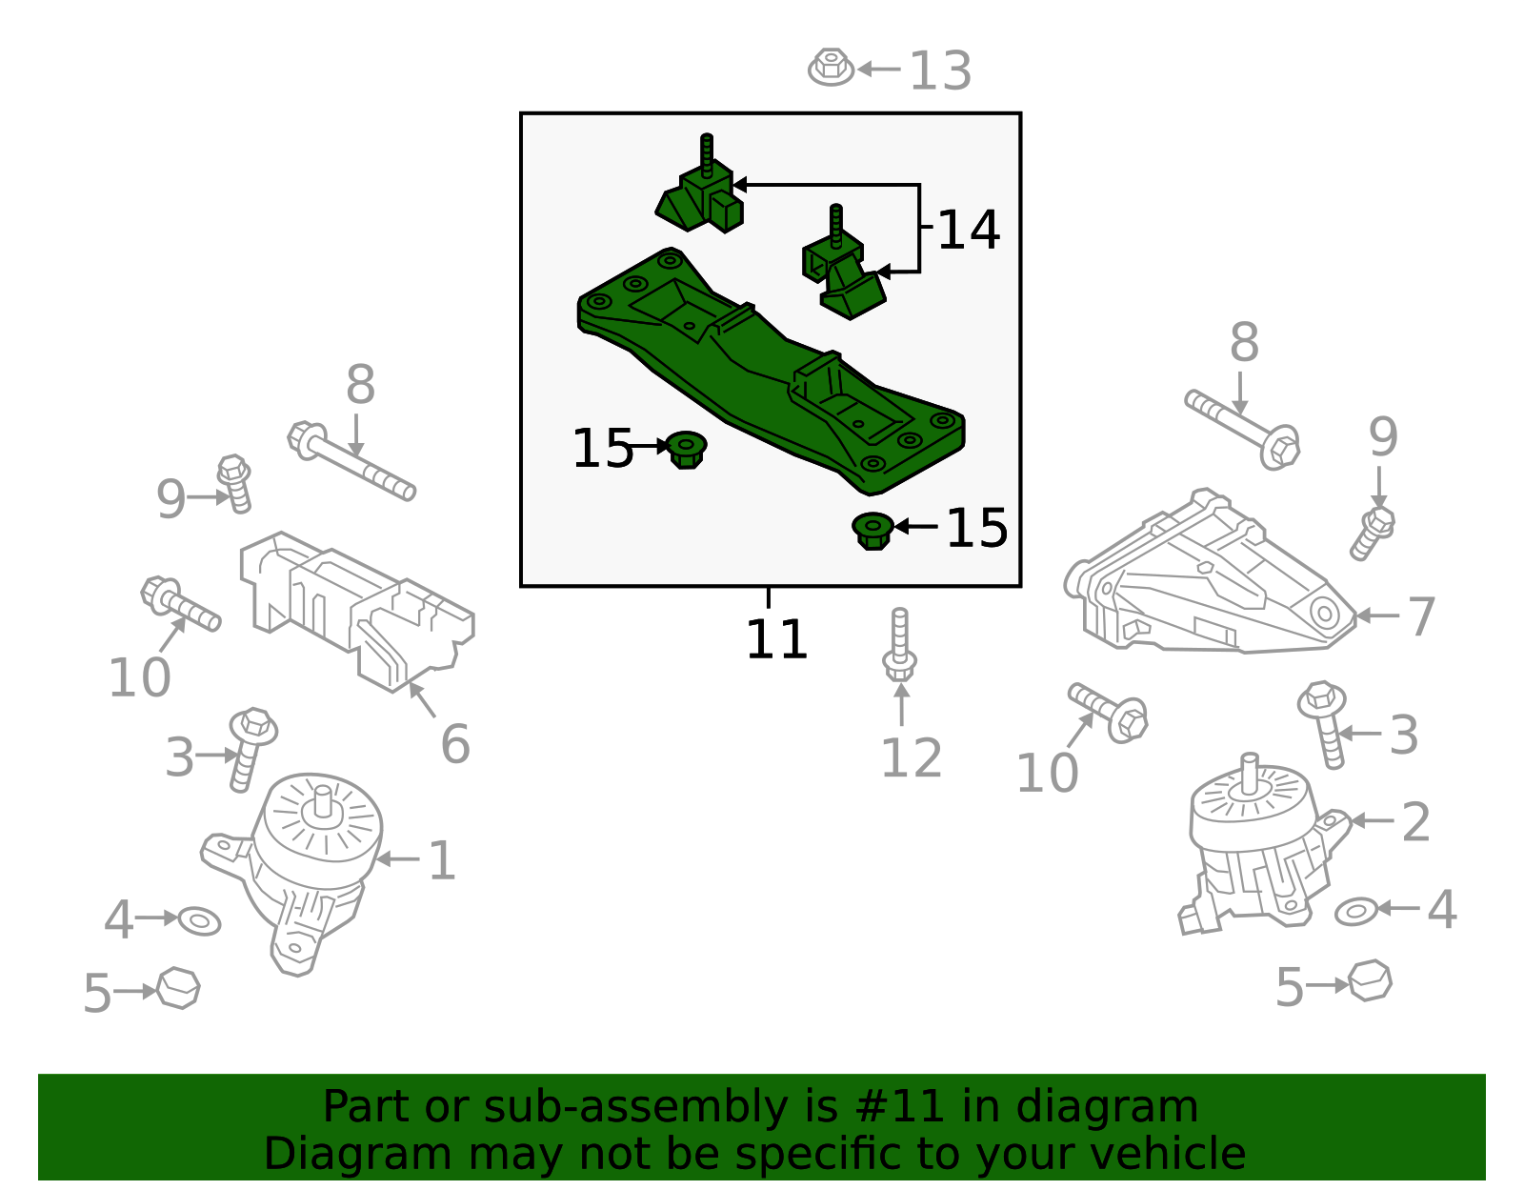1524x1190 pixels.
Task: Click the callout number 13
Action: click(x=940, y=71)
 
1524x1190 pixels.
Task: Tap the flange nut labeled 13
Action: click(x=832, y=68)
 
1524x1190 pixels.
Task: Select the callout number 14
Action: click(x=969, y=230)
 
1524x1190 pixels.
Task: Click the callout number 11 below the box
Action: click(x=776, y=639)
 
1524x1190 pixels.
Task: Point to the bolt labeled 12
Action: click(x=900, y=644)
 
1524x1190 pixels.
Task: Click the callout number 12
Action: click(x=911, y=758)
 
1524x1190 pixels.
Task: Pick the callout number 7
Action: click(x=1421, y=616)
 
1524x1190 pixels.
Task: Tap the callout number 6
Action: click(x=455, y=744)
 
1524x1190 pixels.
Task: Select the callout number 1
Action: click(x=442, y=860)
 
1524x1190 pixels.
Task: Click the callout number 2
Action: click(x=1416, y=822)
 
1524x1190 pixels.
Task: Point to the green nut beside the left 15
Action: click(x=686, y=451)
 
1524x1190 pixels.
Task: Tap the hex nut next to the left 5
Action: click(x=178, y=989)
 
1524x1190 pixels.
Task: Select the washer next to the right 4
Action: click(x=1356, y=912)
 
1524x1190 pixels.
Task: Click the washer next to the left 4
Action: click(x=200, y=921)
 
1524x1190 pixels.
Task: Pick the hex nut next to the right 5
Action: click(x=1370, y=980)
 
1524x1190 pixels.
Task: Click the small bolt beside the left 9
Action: click(x=235, y=484)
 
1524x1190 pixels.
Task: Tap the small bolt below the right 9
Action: click(x=1373, y=533)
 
